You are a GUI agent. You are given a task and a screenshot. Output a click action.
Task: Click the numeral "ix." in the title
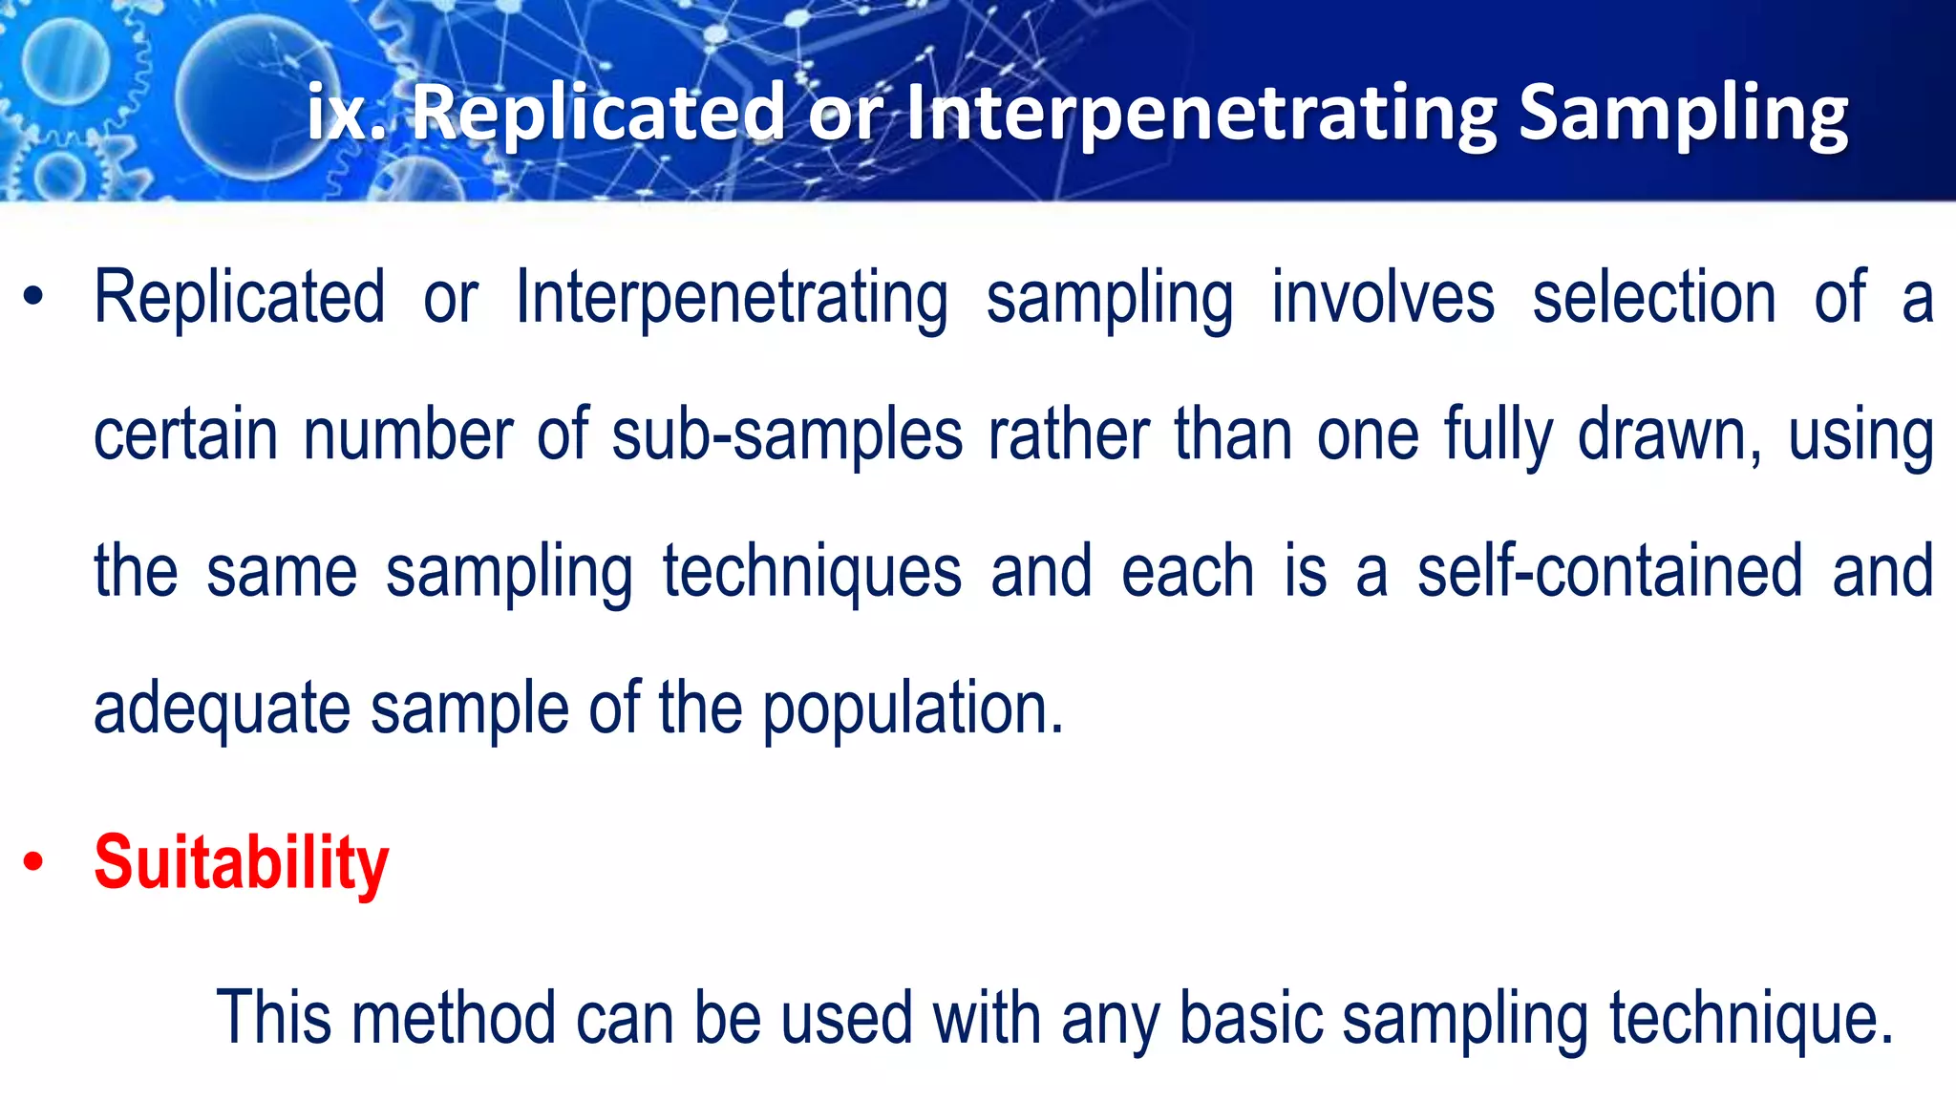click(346, 113)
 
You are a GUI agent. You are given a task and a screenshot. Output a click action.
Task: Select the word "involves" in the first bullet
click(1382, 298)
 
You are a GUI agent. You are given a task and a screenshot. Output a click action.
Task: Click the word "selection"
click(1654, 298)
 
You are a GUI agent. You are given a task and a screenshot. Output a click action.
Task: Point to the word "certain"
click(185, 435)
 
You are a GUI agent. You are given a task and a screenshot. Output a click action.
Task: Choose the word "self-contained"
click(1609, 571)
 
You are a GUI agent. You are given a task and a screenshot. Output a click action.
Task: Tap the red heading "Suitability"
click(241, 863)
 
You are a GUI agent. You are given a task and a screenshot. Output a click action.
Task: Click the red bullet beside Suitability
click(34, 863)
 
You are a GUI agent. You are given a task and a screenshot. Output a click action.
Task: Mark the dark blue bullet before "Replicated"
click(34, 298)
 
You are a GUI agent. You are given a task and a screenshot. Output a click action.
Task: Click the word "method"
click(454, 1018)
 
